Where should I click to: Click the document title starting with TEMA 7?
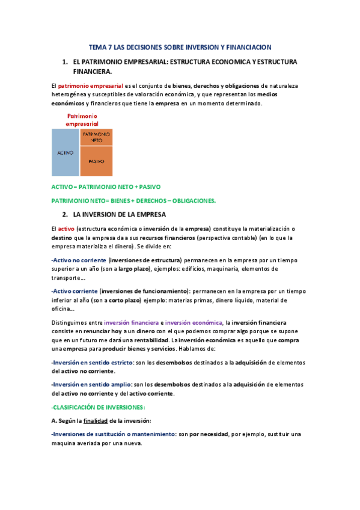point(180,46)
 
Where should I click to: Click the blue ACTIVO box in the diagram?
point(65,153)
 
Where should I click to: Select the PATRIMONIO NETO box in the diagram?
point(96,137)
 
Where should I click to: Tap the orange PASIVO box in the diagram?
point(96,161)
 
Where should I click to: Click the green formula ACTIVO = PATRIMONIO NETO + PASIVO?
point(106,187)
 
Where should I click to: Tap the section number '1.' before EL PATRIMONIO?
point(65,62)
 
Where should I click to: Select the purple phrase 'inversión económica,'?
point(194,322)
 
